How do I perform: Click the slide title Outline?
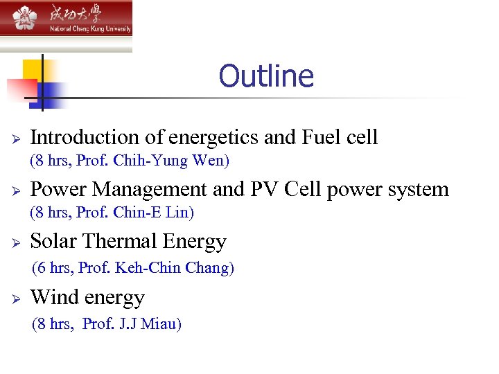click(x=266, y=75)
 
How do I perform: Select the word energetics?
click(x=212, y=137)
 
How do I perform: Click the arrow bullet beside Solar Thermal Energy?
click(x=15, y=242)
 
